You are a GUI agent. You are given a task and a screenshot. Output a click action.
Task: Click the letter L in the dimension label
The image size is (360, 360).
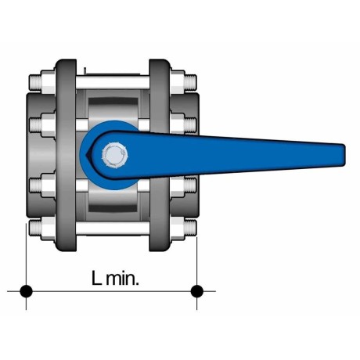[x=96, y=278]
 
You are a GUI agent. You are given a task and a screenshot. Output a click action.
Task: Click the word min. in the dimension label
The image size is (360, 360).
[x=122, y=278]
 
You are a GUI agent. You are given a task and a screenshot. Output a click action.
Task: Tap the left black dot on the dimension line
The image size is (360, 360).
[x=26, y=291]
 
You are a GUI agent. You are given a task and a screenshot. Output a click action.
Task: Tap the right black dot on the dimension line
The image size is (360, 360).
[x=197, y=291]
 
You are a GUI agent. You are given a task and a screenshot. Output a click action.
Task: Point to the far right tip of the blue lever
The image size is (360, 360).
[x=345, y=154]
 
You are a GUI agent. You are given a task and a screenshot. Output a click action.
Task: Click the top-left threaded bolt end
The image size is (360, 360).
[x=35, y=82]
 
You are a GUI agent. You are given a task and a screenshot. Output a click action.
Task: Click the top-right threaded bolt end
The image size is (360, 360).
[x=190, y=82]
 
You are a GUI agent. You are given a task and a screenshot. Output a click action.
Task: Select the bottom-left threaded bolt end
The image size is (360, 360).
[x=35, y=228]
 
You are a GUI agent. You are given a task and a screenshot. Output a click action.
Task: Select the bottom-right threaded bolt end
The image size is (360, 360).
[x=190, y=228]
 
